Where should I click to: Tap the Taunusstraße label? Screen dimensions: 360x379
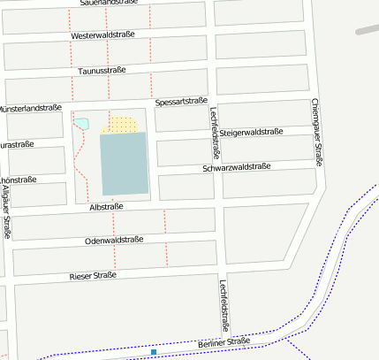102,70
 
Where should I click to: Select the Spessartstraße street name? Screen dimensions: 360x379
181,102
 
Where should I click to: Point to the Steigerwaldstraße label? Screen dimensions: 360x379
251,133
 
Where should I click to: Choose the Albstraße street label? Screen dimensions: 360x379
107,206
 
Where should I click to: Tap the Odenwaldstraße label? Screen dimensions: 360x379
114,240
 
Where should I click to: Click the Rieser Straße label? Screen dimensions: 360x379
94,276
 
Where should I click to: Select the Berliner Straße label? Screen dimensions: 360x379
224,341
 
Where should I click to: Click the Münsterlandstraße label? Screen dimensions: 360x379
30,108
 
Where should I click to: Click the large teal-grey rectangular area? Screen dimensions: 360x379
124,163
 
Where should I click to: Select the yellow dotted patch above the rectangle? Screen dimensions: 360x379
121,124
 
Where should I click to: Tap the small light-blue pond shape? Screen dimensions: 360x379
82,123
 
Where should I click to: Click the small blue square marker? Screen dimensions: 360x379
154,352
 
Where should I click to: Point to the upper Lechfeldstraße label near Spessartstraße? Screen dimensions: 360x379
215,130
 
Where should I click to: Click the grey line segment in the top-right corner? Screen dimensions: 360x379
367,28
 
